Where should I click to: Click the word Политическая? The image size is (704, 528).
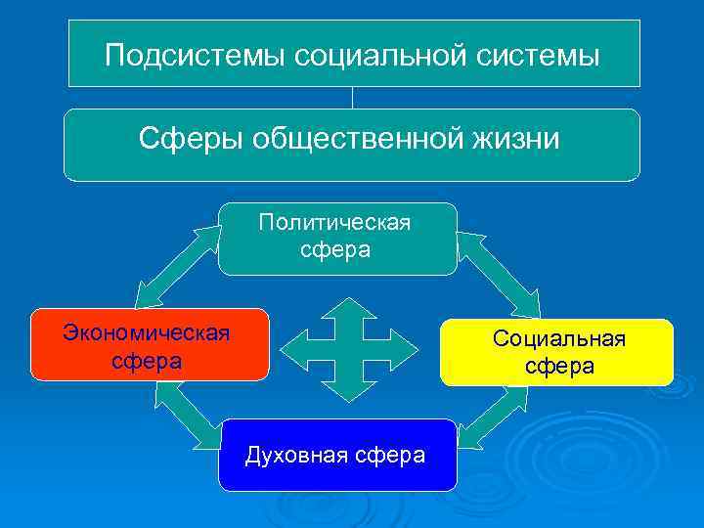pyautogui.click(x=335, y=223)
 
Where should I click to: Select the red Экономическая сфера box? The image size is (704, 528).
pyautogui.click(x=149, y=344)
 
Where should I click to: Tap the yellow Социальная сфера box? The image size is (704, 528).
pyautogui.click(x=557, y=352)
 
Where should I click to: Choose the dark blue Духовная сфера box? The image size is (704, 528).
pyautogui.click(x=336, y=455)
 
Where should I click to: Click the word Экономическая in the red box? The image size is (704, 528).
pyautogui.click(x=147, y=333)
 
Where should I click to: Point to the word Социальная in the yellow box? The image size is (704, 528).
pyautogui.click(x=558, y=339)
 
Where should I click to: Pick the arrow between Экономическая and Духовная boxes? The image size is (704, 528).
pyautogui.click(x=186, y=411)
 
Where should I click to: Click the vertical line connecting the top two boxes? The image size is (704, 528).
pyautogui.click(x=352, y=98)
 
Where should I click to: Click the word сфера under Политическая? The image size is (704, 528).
pyautogui.click(x=336, y=249)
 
